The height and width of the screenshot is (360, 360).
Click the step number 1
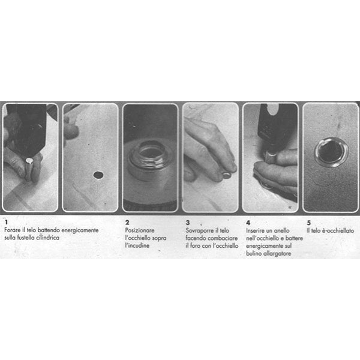point(6,222)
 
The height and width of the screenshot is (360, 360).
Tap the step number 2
point(127,222)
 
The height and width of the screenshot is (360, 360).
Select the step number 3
point(188,223)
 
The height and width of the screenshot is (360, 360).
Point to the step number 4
point(248,223)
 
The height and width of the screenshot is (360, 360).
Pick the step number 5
point(309,223)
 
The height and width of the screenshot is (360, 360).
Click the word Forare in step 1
point(13,230)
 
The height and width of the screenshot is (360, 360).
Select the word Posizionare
point(140,230)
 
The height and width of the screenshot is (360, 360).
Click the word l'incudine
point(137,245)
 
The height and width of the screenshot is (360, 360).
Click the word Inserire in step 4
point(254,230)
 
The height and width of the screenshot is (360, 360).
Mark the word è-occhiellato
point(338,230)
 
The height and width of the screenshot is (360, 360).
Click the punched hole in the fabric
point(98,175)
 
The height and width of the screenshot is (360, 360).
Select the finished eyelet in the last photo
point(331,152)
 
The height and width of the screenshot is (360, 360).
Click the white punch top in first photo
point(29,160)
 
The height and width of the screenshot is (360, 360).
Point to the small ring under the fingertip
point(227,176)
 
